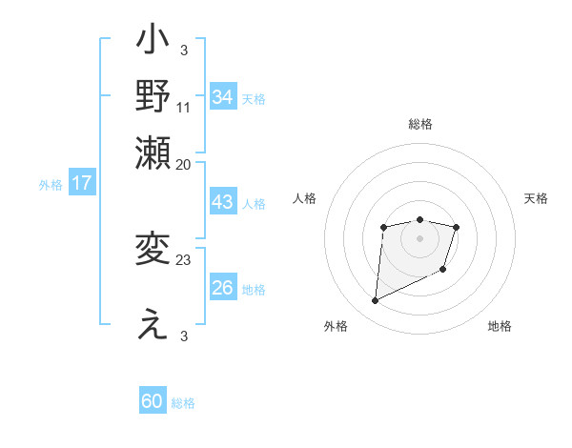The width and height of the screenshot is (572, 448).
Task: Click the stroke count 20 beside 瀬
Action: (184, 164)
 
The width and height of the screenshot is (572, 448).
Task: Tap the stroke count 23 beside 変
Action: (184, 259)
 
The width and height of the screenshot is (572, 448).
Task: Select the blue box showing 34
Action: (223, 96)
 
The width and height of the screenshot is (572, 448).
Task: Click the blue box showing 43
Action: (223, 203)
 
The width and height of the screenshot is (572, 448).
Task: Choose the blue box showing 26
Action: (223, 287)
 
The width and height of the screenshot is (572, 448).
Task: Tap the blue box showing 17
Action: (82, 183)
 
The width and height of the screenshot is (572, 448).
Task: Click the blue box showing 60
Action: (153, 401)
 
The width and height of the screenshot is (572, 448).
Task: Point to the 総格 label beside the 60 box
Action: (183, 403)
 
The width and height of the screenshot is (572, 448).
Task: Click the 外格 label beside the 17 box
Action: (51, 185)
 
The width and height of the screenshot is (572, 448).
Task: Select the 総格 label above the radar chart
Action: (419, 125)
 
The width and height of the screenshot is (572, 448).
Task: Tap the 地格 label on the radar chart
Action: (500, 327)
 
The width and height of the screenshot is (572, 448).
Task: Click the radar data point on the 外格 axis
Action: (375, 301)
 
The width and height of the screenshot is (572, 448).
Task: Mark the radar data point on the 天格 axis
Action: (457, 227)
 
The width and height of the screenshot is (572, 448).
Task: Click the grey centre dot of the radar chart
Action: (419, 236)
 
